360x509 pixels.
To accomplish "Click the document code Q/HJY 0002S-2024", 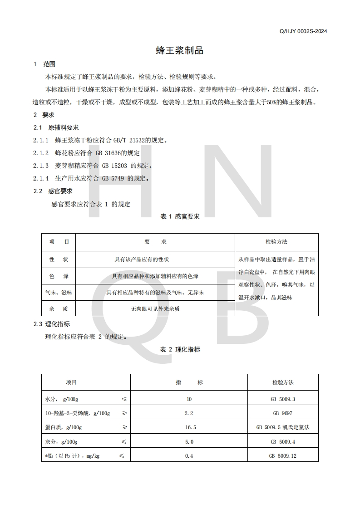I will [304, 31].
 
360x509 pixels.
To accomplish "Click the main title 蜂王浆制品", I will [180, 50].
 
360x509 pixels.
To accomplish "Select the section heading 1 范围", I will [44, 64].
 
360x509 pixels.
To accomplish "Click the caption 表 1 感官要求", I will [180, 217].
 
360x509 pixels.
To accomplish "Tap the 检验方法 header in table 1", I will [276, 242].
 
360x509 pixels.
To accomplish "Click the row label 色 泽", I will [59, 276].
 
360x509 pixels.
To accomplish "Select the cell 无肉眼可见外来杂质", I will [155, 309].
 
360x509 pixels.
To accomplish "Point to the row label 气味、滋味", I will [59, 293].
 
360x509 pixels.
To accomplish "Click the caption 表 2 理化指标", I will [180, 349].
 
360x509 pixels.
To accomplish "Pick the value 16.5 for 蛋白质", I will [189, 427].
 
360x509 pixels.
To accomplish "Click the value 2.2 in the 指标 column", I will [189, 413].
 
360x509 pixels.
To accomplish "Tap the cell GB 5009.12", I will [283, 456].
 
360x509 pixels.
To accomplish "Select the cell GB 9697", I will [283, 413].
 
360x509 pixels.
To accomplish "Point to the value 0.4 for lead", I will [189, 456].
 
